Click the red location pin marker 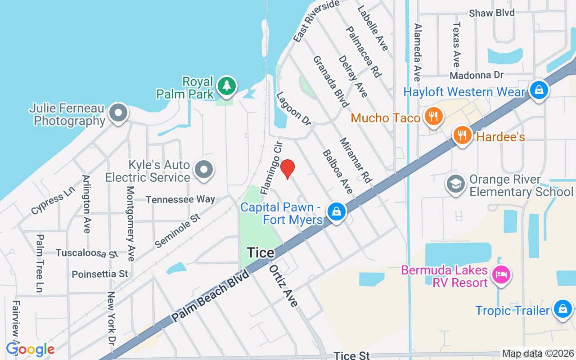287,169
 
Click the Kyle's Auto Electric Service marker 204,170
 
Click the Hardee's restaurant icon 462,135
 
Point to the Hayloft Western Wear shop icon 538,90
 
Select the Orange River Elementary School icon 456,184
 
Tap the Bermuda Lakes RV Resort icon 500,274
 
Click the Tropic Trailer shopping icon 562,309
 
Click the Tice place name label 261,252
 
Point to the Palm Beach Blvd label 210,296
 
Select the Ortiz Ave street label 284,286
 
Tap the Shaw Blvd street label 491,13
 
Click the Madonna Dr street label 477,75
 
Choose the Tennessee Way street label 180,199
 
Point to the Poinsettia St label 100,274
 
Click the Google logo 30,349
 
